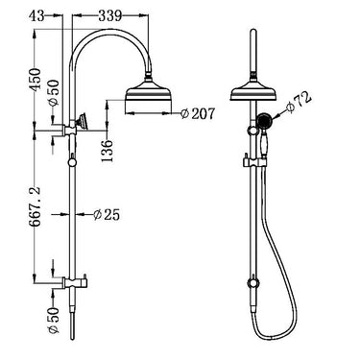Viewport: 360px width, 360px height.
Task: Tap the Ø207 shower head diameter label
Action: pyautogui.click(x=198, y=115)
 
